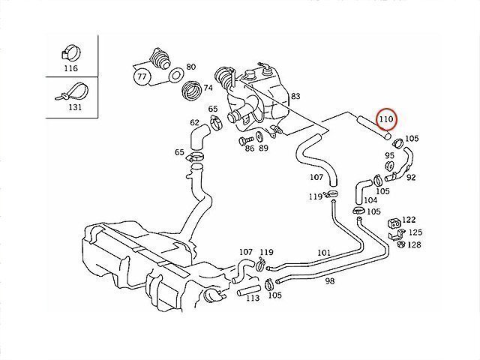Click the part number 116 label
pyautogui.click(x=71, y=67)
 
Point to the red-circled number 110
pyautogui.click(x=387, y=119)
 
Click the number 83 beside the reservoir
pyautogui.click(x=295, y=96)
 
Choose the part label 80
pyautogui.click(x=190, y=67)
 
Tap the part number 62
pyautogui.click(x=194, y=123)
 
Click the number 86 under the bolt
pyautogui.click(x=249, y=148)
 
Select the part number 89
pyautogui.click(x=263, y=148)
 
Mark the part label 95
pyautogui.click(x=389, y=154)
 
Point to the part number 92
pyautogui.click(x=411, y=178)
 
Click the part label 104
pyautogui.click(x=370, y=200)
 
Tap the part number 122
pyautogui.click(x=408, y=220)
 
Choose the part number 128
pyautogui.click(x=415, y=244)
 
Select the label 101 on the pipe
pyautogui.click(x=324, y=253)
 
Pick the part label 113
pyautogui.click(x=252, y=298)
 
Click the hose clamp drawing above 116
pyautogui.click(x=71, y=52)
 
